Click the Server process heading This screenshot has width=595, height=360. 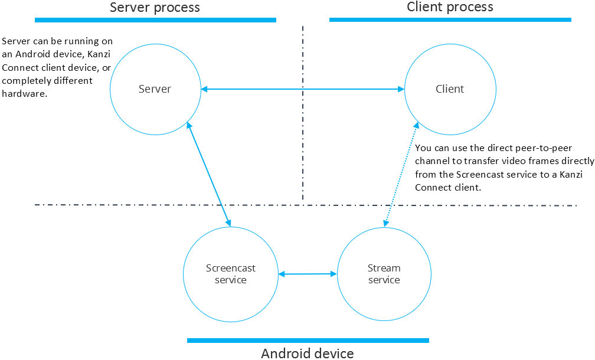pos(155,8)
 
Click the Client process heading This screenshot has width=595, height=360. pos(450,7)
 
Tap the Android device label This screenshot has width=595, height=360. pos(308,353)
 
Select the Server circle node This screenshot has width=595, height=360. pos(155,89)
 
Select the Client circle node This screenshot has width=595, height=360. pos(450,89)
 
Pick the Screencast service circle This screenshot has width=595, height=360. pos(230,274)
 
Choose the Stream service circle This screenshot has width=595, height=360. pos(384,274)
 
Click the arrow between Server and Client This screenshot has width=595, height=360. pos(302,89)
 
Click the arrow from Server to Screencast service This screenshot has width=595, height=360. pos(208,174)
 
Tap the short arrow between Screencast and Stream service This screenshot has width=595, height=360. pos(308,274)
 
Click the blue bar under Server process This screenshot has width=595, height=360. pos(155,20)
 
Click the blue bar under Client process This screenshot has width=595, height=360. pos(450,19)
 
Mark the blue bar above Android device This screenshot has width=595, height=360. pos(308,341)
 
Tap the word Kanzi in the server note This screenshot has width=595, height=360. pos(102,55)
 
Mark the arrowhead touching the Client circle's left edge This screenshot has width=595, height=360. pos(401,89)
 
